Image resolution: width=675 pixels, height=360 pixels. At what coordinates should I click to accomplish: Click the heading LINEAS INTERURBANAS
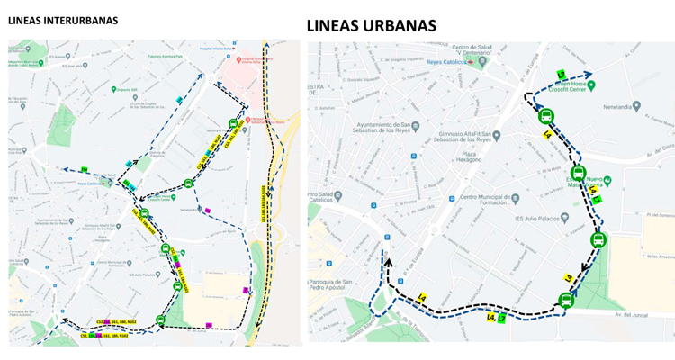tap(63, 20)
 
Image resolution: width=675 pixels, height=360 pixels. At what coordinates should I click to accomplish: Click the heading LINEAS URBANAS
tap(371, 25)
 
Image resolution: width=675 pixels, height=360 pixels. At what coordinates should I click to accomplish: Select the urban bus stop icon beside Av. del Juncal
tap(566, 301)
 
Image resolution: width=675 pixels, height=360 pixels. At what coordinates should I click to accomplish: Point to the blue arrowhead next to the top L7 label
tap(589, 76)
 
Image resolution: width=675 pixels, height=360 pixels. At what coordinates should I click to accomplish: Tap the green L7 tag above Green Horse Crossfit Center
tap(562, 74)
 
